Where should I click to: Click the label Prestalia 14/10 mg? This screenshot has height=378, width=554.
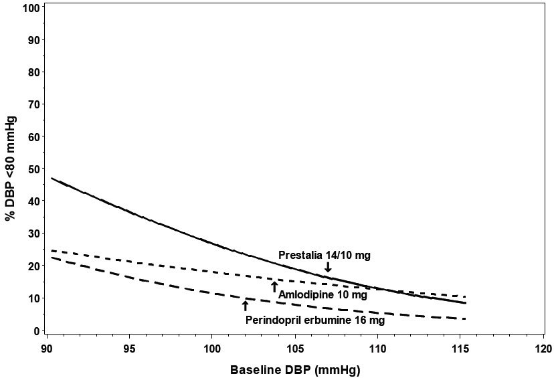[324, 255]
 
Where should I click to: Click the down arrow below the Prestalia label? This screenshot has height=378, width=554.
[328, 267]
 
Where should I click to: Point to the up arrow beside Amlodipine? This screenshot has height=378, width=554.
[274, 287]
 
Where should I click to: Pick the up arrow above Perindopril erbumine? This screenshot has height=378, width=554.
[245, 306]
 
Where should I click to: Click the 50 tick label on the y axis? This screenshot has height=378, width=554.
[31, 169]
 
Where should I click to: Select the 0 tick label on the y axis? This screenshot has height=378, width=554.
[35, 330]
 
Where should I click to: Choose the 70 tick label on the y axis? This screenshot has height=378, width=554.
[31, 104]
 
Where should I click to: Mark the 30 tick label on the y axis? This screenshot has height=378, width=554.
[31, 233]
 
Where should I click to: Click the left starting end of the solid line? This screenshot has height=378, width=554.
[52, 179]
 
